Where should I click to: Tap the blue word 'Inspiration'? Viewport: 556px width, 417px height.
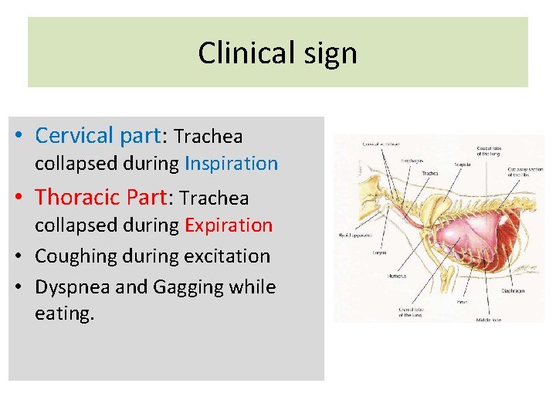pyautogui.click(x=231, y=164)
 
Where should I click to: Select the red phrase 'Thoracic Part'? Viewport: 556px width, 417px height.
pyautogui.click(x=100, y=198)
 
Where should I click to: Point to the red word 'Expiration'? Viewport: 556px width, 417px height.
pyautogui.click(x=229, y=225)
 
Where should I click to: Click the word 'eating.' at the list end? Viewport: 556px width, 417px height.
pyautogui.click(x=64, y=313)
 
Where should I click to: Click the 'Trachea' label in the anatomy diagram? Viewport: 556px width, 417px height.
pyautogui.click(x=430, y=173)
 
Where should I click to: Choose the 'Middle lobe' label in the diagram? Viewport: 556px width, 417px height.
pyautogui.click(x=488, y=318)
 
